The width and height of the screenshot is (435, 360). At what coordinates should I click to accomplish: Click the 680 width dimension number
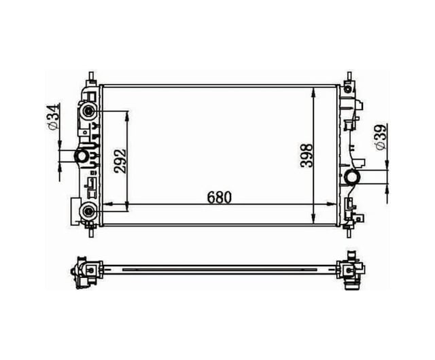point(219,197)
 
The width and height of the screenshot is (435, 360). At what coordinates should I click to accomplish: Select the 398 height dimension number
point(307,156)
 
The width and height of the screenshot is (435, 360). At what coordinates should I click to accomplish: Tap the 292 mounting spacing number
point(120,161)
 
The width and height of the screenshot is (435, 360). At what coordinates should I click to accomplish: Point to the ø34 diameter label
point(54,116)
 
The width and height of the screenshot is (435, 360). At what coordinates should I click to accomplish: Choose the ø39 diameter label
point(381,137)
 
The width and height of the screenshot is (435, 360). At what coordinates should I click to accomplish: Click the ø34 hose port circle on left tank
point(82,156)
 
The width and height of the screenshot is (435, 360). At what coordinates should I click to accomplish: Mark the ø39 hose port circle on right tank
point(352,177)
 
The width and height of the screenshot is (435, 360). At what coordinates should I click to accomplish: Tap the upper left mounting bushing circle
point(88,111)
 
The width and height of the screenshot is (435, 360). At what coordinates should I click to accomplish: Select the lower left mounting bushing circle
point(88,212)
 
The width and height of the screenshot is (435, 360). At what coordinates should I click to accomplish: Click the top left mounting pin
point(91,77)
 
